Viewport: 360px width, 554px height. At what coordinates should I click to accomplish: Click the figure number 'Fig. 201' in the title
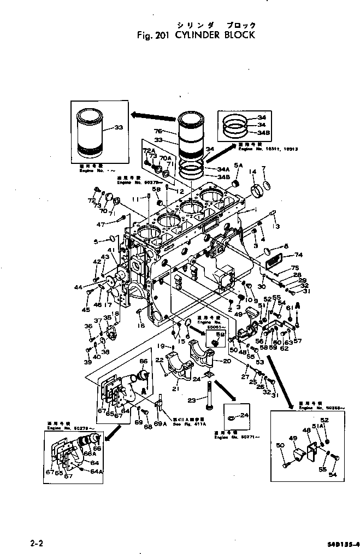point(154,35)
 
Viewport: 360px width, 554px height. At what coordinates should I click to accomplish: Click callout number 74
point(298,255)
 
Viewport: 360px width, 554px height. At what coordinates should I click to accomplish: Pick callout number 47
point(101,224)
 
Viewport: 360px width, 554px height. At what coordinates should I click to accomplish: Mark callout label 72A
point(149,150)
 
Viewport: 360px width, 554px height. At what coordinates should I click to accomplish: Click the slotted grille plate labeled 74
point(275,262)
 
